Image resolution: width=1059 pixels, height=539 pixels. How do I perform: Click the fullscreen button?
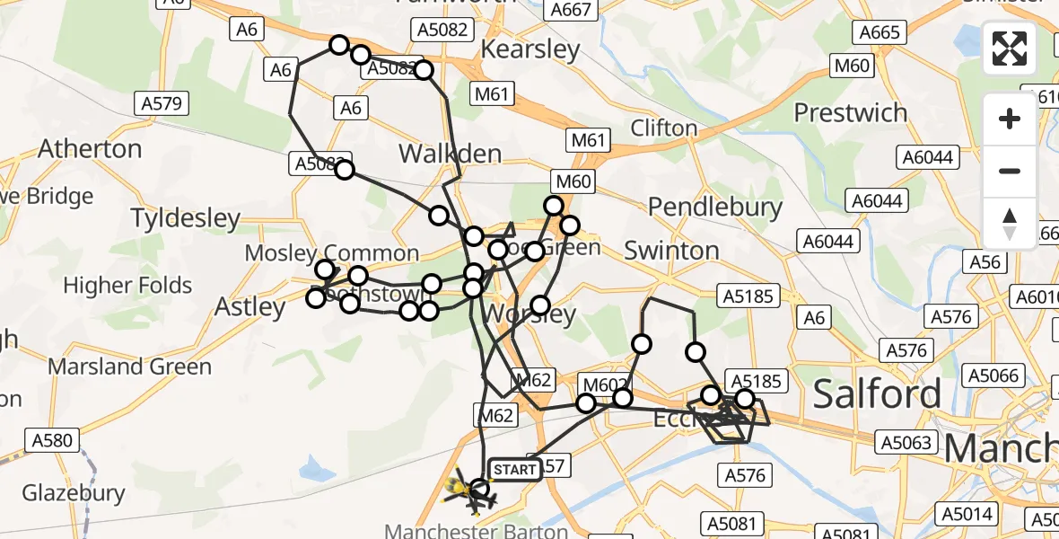tap(1010, 49)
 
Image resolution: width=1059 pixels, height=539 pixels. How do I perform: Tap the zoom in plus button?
tap(1010, 119)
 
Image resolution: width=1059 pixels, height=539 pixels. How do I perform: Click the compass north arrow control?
tap(1010, 223)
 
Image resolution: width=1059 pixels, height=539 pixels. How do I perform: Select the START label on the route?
tap(515, 469)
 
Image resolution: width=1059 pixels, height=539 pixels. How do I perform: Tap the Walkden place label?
tap(450, 154)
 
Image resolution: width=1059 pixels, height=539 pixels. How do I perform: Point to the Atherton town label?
tap(90, 148)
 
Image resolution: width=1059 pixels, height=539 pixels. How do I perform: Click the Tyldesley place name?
tap(186, 218)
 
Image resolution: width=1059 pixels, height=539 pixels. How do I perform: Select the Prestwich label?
tap(851, 113)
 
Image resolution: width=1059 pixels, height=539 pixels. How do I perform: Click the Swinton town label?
tap(671, 250)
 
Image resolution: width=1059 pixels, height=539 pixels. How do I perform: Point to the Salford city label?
tap(878, 393)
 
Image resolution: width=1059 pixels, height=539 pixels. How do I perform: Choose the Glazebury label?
tap(74, 492)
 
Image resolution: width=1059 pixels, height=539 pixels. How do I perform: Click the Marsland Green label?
tap(129, 367)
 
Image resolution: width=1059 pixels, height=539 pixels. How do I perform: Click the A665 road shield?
tap(879, 33)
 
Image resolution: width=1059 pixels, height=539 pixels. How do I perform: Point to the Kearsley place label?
tap(530, 49)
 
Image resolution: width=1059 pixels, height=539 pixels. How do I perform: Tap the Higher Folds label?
tap(128, 286)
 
